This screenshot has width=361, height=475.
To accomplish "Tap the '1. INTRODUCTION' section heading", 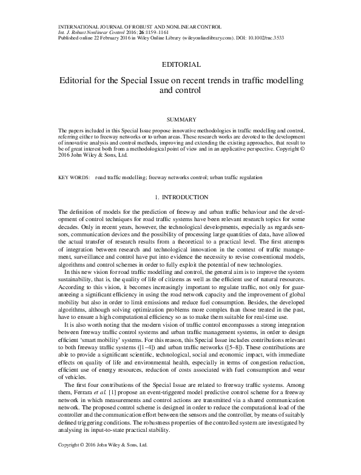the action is tap(181, 197).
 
